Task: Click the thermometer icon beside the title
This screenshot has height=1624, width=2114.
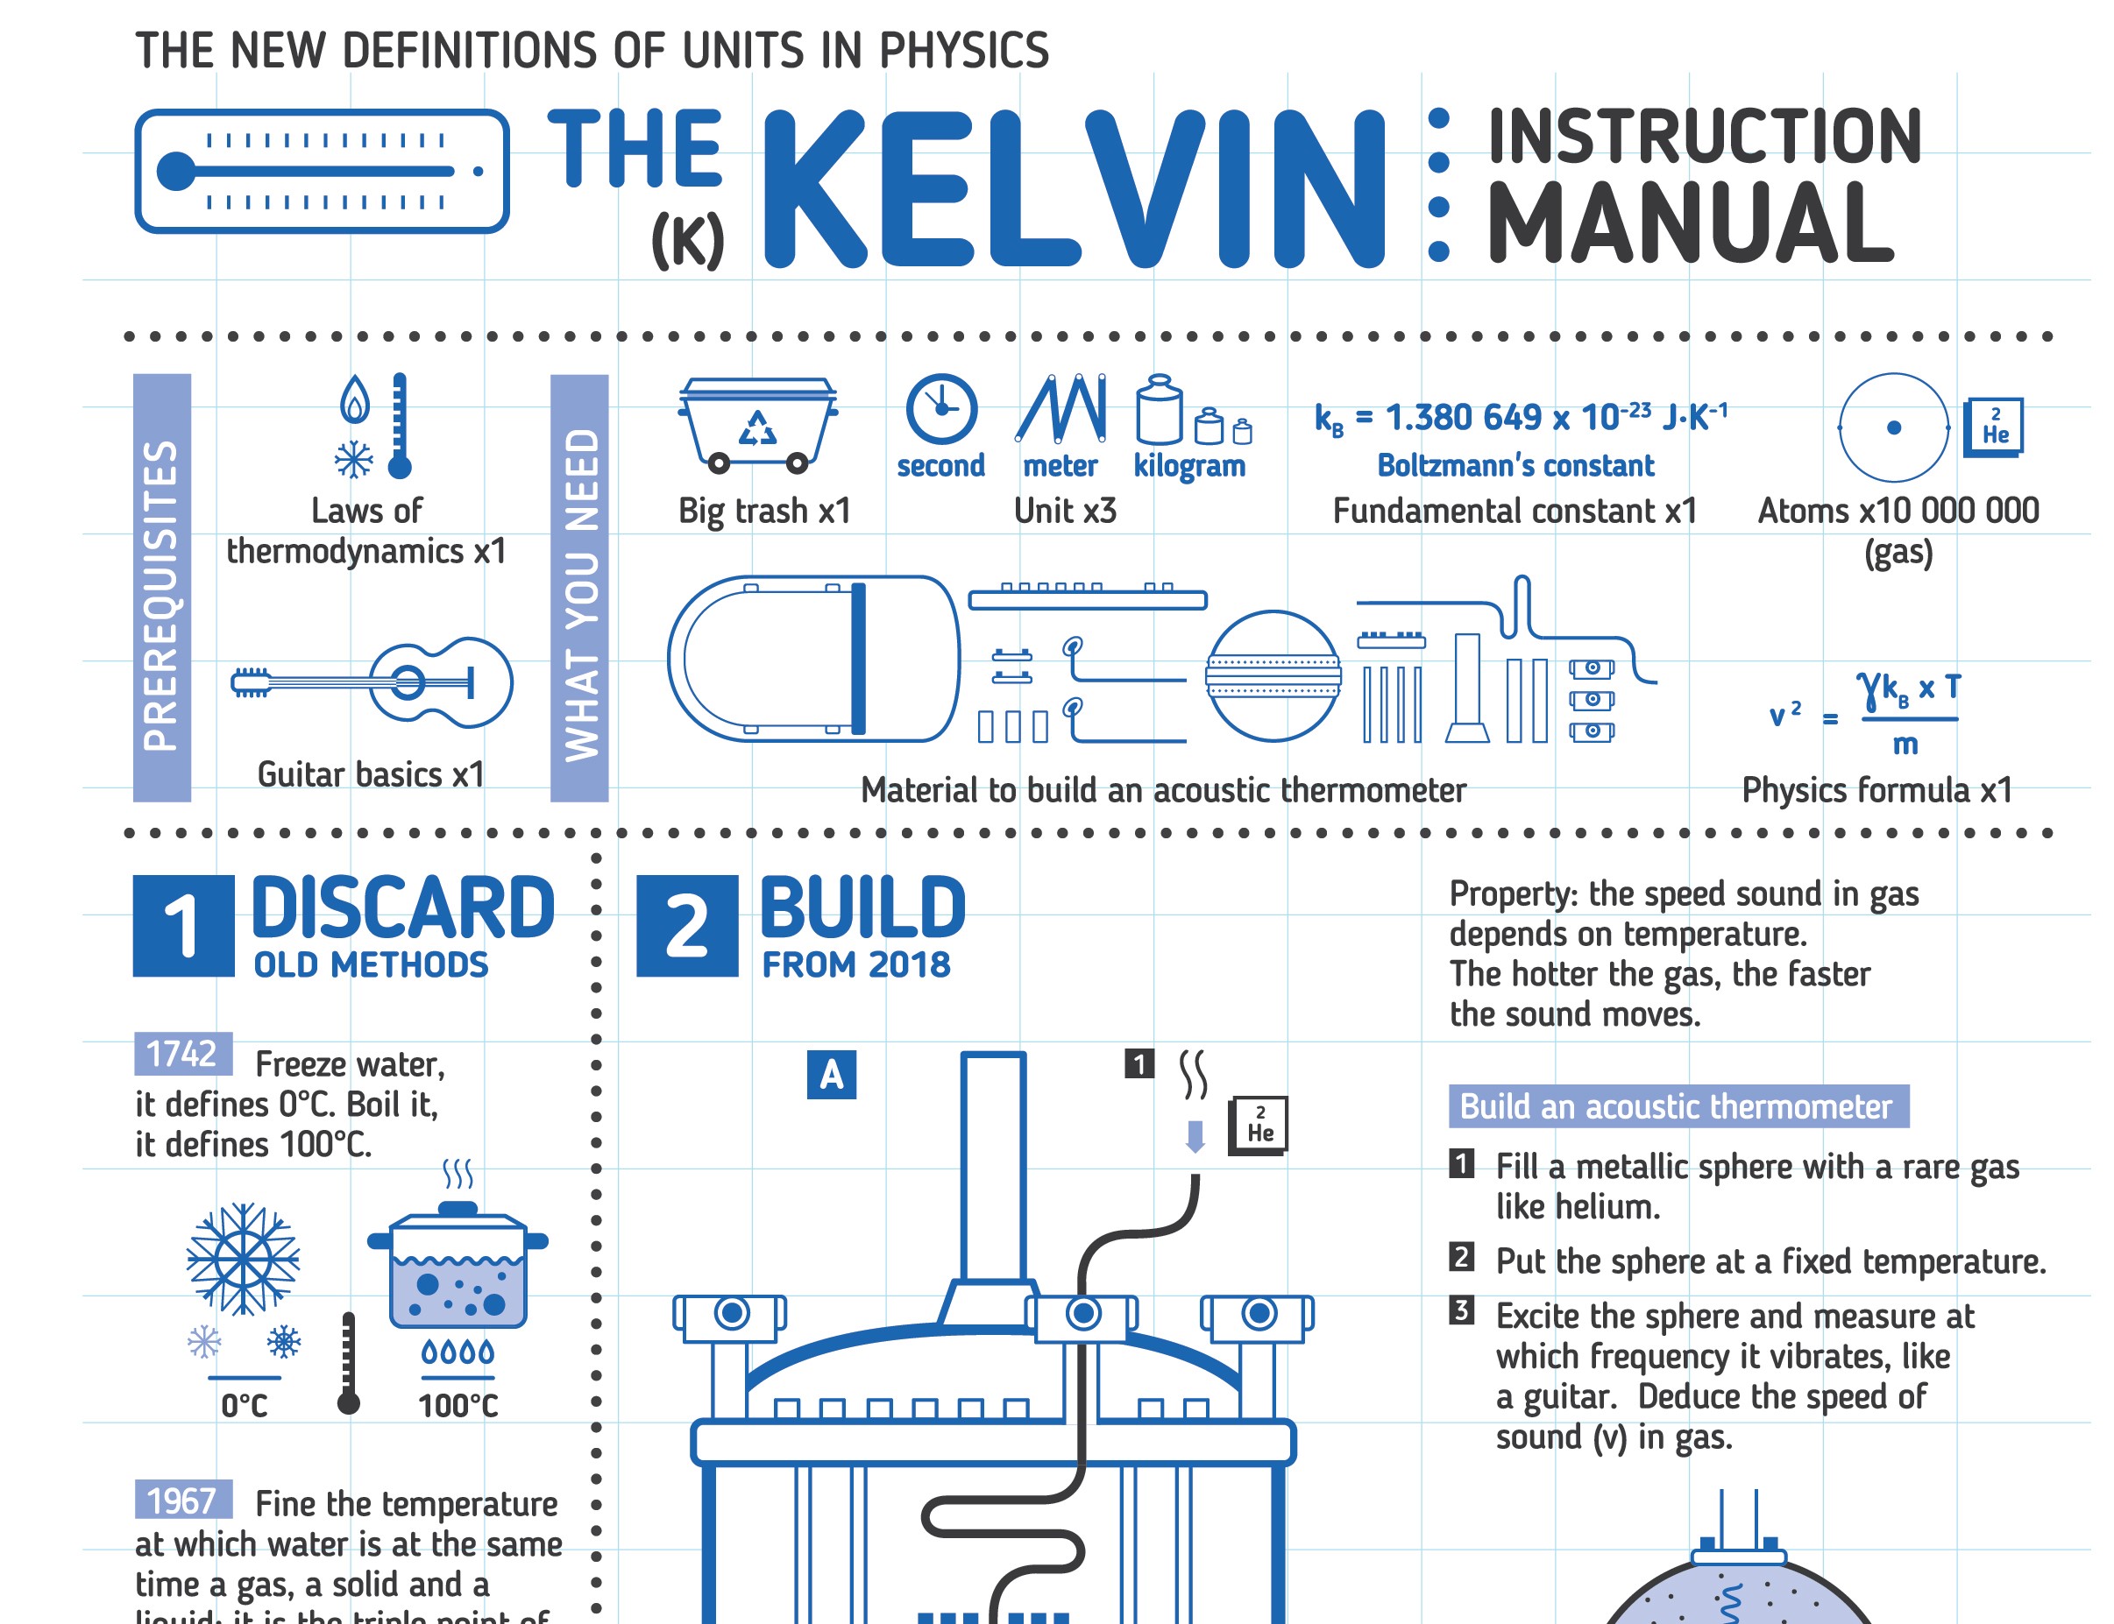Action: (x=321, y=171)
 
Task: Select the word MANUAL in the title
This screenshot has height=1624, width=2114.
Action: (x=1690, y=223)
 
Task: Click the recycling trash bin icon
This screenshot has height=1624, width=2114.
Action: (x=757, y=424)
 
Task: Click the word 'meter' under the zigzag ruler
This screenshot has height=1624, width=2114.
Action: (x=1060, y=466)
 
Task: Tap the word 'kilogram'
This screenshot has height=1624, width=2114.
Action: (x=1188, y=466)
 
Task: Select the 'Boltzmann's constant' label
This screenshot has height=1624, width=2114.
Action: (x=1515, y=466)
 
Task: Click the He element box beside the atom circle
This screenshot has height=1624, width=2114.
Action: (x=1994, y=427)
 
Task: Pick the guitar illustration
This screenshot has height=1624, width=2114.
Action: (x=372, y=682)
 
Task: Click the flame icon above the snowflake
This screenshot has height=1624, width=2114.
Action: (x=355, y=399)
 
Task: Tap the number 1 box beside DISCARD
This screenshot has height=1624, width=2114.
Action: (x=183, y=925)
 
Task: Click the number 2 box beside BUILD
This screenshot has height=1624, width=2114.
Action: (x=686, y=925)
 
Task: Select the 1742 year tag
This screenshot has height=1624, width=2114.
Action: (x=183, y=1054)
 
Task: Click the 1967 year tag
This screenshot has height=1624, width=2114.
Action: (x=183, y=1500)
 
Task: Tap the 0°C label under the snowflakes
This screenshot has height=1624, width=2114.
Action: (x=244, y=1404)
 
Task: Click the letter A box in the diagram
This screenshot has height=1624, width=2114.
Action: (x=831, y=1075)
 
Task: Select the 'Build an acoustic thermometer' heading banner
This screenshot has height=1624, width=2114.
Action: (x=1678, y=1105)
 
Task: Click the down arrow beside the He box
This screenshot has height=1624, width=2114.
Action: (x=1195, y=1136)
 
